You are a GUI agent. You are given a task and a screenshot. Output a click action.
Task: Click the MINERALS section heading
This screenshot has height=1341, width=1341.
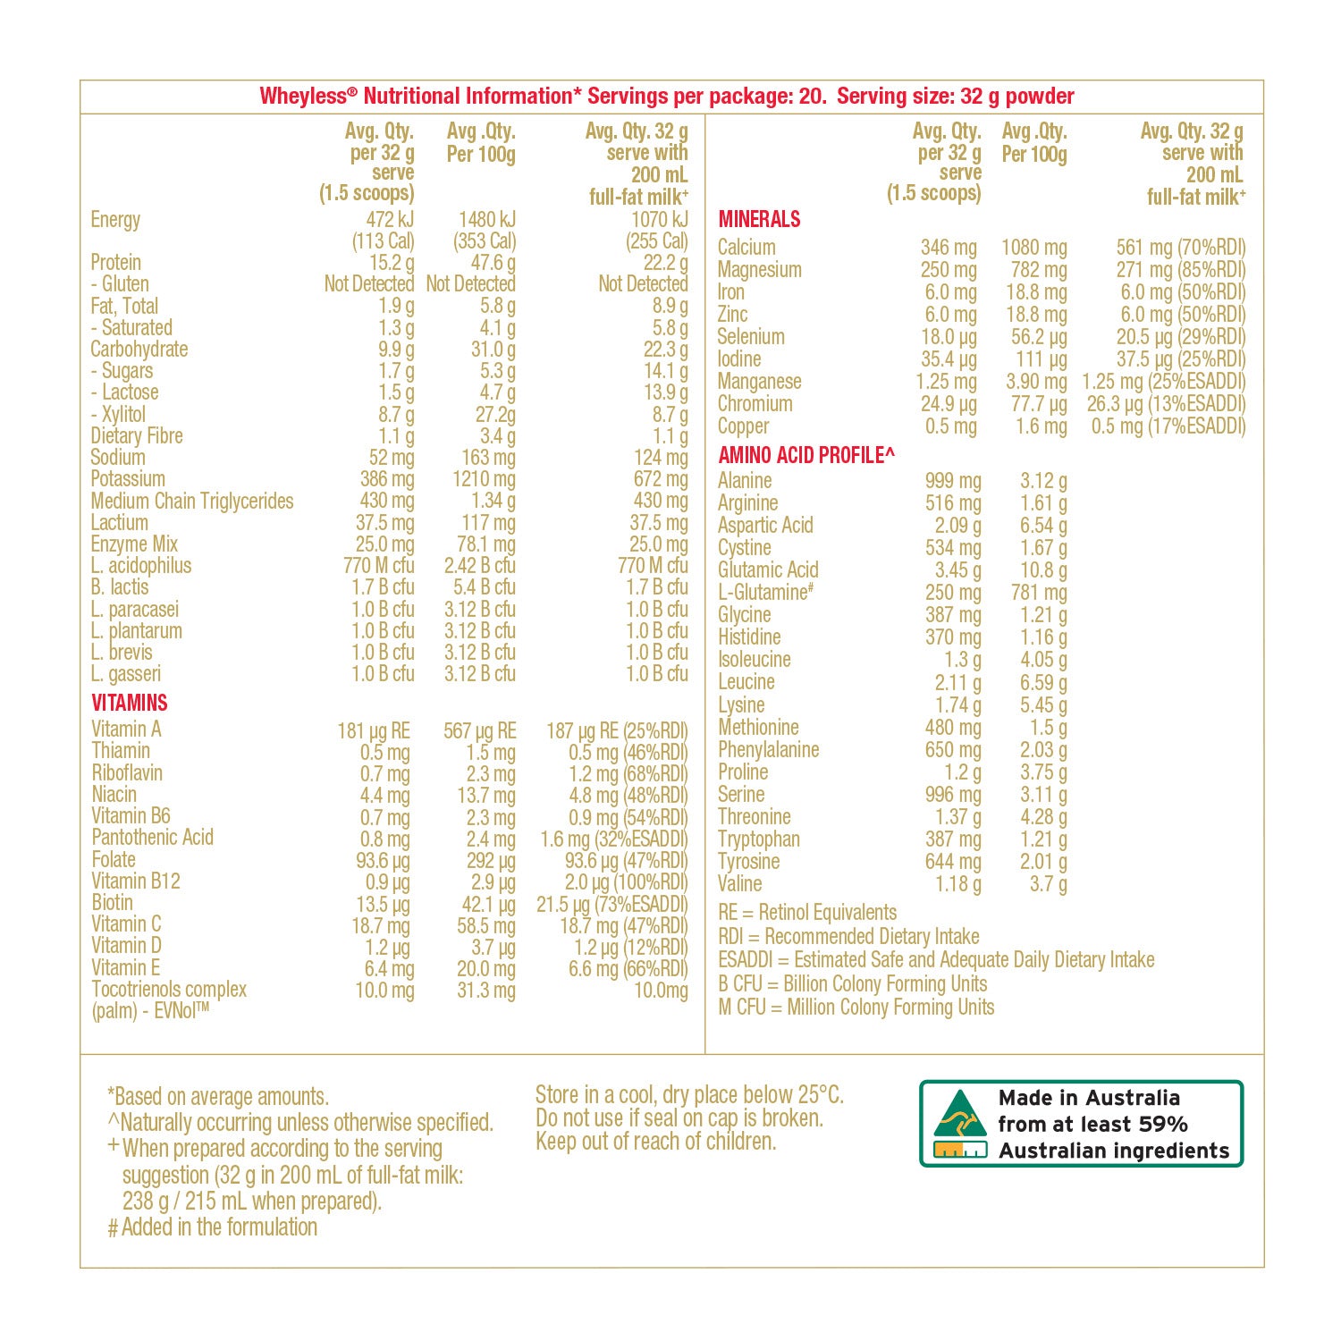click(x=759, y=219)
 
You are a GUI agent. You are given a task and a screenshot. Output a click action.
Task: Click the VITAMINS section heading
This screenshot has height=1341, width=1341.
click(x=130, y=703)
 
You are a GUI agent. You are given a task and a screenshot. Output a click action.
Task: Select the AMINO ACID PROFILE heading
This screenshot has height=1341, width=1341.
click(x=805, y=455)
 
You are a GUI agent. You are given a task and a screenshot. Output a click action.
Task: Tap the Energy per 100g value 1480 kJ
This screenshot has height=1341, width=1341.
click(x=486, y=220)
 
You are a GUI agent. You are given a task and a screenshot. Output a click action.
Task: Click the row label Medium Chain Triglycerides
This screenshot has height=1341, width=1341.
click(x=191, y=501)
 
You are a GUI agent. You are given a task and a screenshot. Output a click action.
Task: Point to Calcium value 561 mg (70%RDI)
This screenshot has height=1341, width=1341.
click(x=1180, y=248)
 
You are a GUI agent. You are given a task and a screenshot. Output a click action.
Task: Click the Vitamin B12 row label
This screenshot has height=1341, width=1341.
click(x=136, y=881)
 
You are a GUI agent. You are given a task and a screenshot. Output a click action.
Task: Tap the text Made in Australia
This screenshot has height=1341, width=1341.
click(x=1089, y=1098)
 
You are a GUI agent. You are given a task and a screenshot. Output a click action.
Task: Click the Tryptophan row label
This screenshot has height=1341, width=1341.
click(x=758, y=839)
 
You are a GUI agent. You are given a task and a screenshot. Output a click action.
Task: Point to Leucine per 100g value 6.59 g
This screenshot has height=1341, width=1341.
click(x=1042, y=683)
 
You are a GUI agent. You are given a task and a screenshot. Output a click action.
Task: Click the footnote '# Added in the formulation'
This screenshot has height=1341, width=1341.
click(x=213, y=1227)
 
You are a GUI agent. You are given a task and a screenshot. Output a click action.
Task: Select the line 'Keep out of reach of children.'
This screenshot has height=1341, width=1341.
click(x=655, y=1142)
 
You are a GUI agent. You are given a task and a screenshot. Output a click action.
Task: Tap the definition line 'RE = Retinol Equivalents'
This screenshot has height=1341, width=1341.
click(x=807, y=913)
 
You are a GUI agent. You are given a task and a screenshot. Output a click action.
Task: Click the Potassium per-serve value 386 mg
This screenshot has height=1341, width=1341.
click(x=386, y=479)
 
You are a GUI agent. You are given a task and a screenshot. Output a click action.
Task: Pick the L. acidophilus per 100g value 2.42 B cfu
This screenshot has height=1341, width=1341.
click(x=479, y=566)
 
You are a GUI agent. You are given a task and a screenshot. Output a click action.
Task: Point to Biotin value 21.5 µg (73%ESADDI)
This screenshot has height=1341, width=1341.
click(x=611, y=904)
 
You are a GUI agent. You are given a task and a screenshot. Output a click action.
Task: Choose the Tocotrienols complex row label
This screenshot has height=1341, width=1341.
click(x=168, y=990)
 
